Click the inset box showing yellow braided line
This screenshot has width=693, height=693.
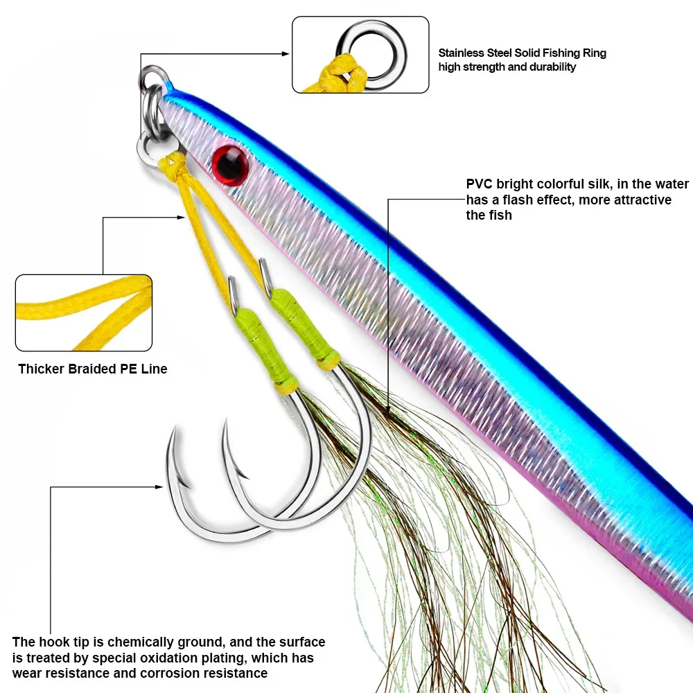(83, 312)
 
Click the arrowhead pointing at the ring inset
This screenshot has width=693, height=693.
(285, 53)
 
